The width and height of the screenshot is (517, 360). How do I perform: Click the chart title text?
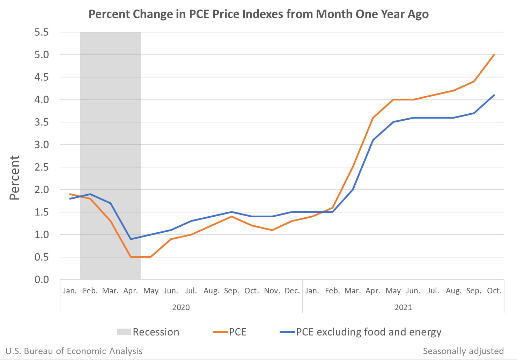click(x=258, y=14)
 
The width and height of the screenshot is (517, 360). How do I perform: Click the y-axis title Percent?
click(x=15, y=178)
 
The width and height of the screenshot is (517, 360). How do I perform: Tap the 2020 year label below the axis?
click(x=181, y=307)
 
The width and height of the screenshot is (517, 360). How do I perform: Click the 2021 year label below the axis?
click(x=403, y=307)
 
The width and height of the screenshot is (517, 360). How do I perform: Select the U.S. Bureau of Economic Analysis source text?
click(x=74, y=351)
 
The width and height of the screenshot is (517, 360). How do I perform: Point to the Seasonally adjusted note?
click(x=463, y=351)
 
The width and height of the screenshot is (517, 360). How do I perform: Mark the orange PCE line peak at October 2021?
click(x=494, y=55)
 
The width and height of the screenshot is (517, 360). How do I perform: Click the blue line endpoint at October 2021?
click(x=494, y=95)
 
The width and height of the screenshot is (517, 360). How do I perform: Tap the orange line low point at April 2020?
click(x=131, y=257)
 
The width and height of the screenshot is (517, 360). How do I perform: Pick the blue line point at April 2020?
click(x=131, y=239)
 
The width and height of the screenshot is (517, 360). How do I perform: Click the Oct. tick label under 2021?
click(x=494, y=291)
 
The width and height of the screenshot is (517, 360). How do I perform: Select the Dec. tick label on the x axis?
click(x=292, y=291)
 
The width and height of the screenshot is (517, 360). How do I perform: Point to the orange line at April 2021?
click(x=373, y=118)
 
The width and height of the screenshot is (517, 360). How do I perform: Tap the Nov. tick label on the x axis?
click(x=272, y=291)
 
